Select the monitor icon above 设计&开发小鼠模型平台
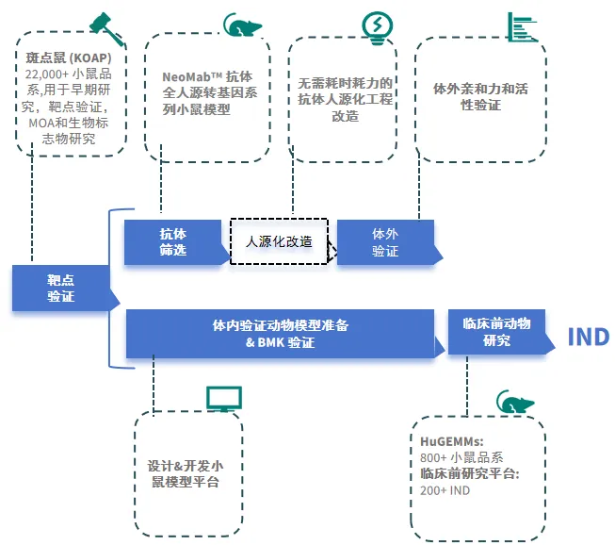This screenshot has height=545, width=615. [224, 398]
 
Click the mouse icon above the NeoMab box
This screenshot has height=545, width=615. [241, 25]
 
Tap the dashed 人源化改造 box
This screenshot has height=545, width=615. [279, 241]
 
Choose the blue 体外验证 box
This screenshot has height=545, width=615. [385, 242]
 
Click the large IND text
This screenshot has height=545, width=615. [588, 337]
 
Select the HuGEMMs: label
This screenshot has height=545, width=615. [452, 440]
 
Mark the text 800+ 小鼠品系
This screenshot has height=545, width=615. [462, 457]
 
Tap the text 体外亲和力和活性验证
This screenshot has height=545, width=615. [479, 97]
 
